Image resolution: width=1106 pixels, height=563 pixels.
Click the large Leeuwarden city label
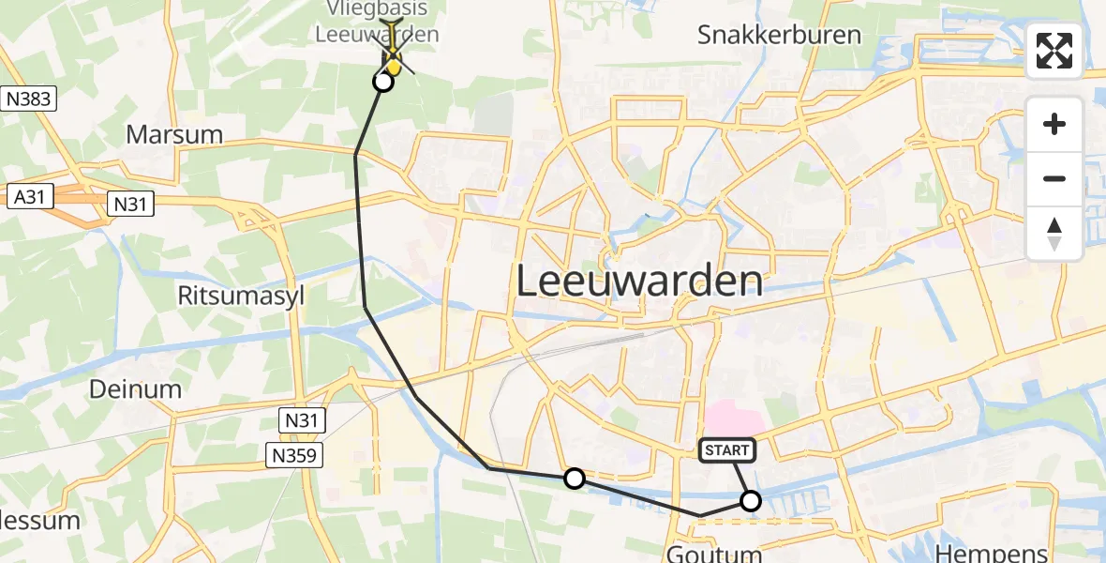pos(639,281)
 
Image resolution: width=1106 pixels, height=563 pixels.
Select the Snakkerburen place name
pos(779,36)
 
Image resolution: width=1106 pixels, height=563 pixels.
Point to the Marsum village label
pos(174,134)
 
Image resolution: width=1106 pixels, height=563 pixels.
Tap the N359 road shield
pos(294,455)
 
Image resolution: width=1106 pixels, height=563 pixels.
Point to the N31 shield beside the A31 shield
pos(130,203)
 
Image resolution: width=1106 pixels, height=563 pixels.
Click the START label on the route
pos(727,450)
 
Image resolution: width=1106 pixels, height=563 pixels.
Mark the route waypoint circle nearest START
pos(751,501)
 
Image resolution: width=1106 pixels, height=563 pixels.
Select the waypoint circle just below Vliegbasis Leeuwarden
pos(383,82)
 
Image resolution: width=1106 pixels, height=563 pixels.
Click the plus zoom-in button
pos(1054,124)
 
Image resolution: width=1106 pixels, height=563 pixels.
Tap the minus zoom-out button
pos(1054,178)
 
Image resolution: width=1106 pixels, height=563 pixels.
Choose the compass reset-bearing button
pos(1054,233)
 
